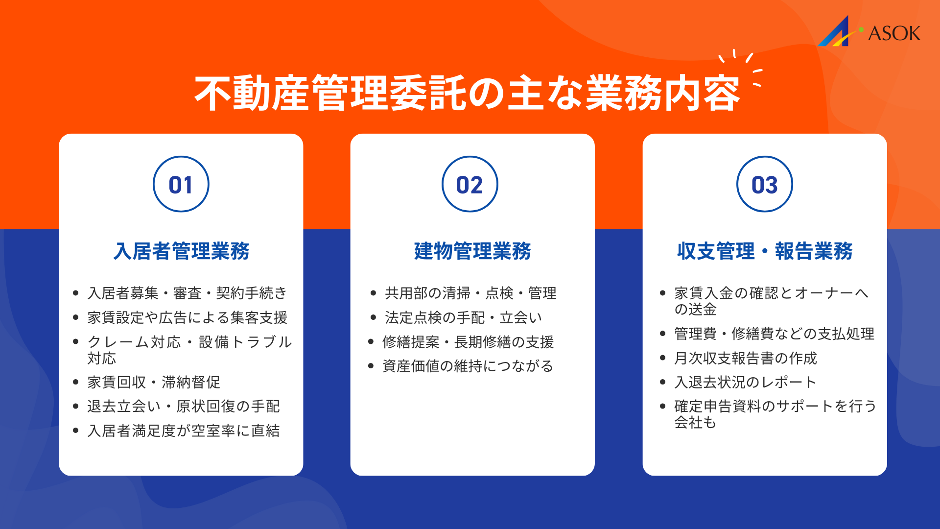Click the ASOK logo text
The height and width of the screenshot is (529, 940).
(893, 33)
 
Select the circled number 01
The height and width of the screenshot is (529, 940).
(181, 185)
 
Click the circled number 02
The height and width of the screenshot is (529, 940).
(470, 185)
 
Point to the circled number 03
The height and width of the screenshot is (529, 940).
(764, 185)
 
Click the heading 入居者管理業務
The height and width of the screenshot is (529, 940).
(181, 251)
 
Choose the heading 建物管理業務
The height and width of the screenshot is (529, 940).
(472, 251)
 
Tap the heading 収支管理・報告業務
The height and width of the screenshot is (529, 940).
(765, 251)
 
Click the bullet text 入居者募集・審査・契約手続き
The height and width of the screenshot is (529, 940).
(187, 293)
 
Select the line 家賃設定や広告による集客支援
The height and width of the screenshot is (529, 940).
(187, 318)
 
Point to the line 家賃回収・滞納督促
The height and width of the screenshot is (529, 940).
(154, 382)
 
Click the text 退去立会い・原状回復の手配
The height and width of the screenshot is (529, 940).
(184, 407)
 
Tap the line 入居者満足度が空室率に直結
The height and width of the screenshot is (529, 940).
(184, 431)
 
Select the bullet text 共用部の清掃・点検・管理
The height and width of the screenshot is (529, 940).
(470, 293)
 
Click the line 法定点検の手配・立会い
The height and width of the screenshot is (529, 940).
(463, 318)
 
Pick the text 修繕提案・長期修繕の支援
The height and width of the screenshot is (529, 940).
(468, 342)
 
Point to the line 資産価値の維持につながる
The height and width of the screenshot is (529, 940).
(468, 366)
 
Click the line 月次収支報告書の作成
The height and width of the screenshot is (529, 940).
(745, 358)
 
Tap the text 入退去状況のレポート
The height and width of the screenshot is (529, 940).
(745, 382)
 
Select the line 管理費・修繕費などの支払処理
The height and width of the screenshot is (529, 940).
(774, 334)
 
